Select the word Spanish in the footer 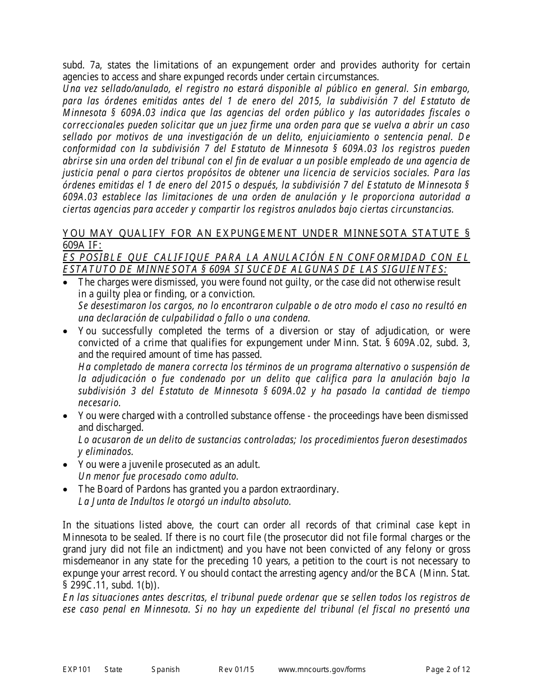point(166,669)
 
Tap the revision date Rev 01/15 point(236,669)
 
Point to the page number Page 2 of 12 point(448,669)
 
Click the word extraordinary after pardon point(310,489)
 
